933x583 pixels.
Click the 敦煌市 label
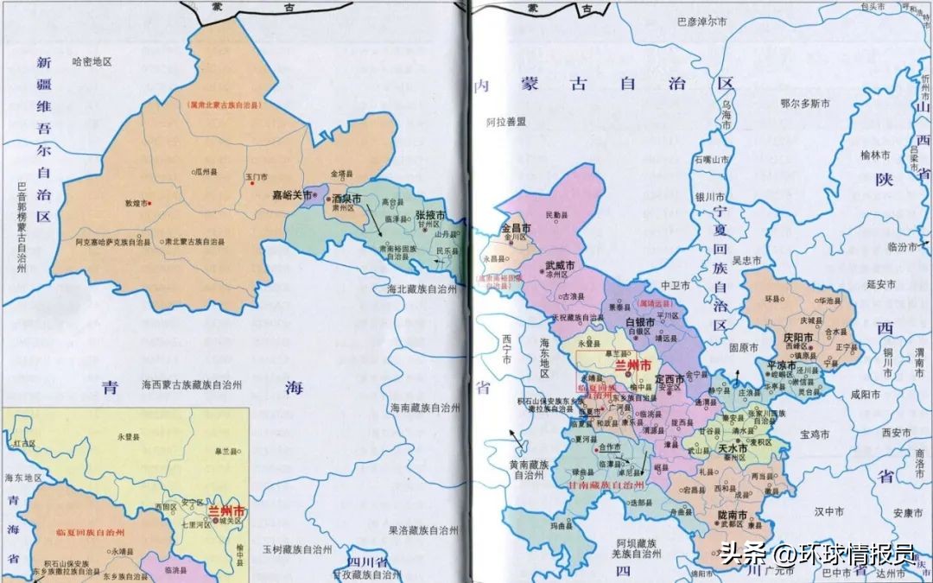137,204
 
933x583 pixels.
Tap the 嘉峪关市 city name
291,195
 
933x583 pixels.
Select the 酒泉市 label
346,198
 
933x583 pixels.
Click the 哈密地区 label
93,61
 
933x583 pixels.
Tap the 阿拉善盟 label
505,123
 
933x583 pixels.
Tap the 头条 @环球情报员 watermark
817,552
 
